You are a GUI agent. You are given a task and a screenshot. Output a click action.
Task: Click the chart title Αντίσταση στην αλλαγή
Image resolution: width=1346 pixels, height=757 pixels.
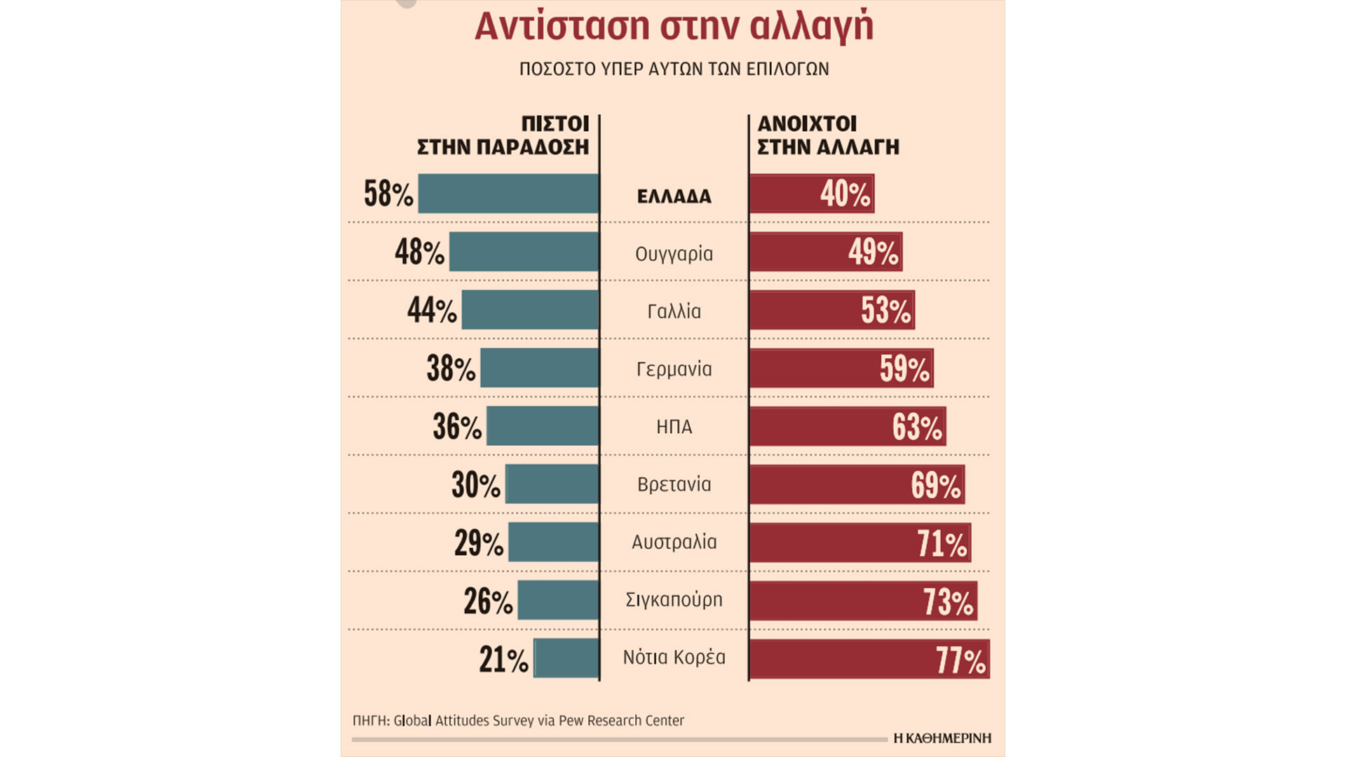tap(674, 27)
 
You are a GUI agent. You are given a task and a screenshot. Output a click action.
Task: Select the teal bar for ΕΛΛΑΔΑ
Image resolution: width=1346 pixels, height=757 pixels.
tap(508, 193)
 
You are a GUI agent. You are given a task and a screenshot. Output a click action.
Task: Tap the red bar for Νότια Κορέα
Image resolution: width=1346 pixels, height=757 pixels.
tap(869, 659)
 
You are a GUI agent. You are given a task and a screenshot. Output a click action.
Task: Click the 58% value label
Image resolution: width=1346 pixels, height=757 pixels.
tap(388, 194)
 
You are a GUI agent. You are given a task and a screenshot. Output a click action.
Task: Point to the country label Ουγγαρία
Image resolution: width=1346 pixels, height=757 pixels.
tap(674, 254)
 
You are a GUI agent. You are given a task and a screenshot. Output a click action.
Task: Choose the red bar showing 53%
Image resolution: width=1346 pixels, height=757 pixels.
tap(832, 310)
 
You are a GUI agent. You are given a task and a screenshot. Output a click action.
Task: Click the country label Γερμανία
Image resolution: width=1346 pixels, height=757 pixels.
tap(674, 369)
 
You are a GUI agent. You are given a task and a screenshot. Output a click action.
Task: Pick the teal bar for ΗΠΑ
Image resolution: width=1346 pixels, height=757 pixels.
tap(543, 426)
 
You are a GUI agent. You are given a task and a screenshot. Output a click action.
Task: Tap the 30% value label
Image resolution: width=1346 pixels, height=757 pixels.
tap(476, 485)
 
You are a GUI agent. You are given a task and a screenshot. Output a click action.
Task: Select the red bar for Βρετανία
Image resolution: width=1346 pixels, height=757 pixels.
tap(857, 484)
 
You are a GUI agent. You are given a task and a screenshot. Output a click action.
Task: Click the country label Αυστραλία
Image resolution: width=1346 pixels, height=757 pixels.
tap(674, 542)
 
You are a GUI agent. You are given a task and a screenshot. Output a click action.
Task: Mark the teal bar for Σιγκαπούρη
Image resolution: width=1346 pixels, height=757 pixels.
tap(558, 600)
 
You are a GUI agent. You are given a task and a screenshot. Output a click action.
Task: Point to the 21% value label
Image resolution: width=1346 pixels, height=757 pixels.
tap(503, 660)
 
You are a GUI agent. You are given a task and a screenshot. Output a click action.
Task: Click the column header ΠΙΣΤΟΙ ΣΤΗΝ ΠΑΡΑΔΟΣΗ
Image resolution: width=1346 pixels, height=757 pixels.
tap(503, 135)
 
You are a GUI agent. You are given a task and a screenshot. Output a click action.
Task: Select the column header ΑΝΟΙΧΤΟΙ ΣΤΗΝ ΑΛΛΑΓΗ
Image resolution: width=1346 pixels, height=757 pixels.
tap(828, 135)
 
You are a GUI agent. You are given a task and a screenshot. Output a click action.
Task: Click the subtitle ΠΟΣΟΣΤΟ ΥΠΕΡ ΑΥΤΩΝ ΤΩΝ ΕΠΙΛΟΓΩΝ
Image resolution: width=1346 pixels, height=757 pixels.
tap(674, 69)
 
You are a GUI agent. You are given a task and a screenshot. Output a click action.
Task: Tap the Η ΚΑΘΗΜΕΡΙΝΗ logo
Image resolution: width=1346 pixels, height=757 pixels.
tap(942, 738)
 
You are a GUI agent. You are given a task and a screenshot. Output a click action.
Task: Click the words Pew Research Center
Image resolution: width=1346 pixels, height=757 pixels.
tap(621, 721)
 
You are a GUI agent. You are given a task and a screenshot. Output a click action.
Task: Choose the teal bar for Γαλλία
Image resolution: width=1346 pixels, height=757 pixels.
tap(530, 310)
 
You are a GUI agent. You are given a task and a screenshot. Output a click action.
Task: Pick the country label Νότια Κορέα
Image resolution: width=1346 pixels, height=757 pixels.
tap(674, 657)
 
